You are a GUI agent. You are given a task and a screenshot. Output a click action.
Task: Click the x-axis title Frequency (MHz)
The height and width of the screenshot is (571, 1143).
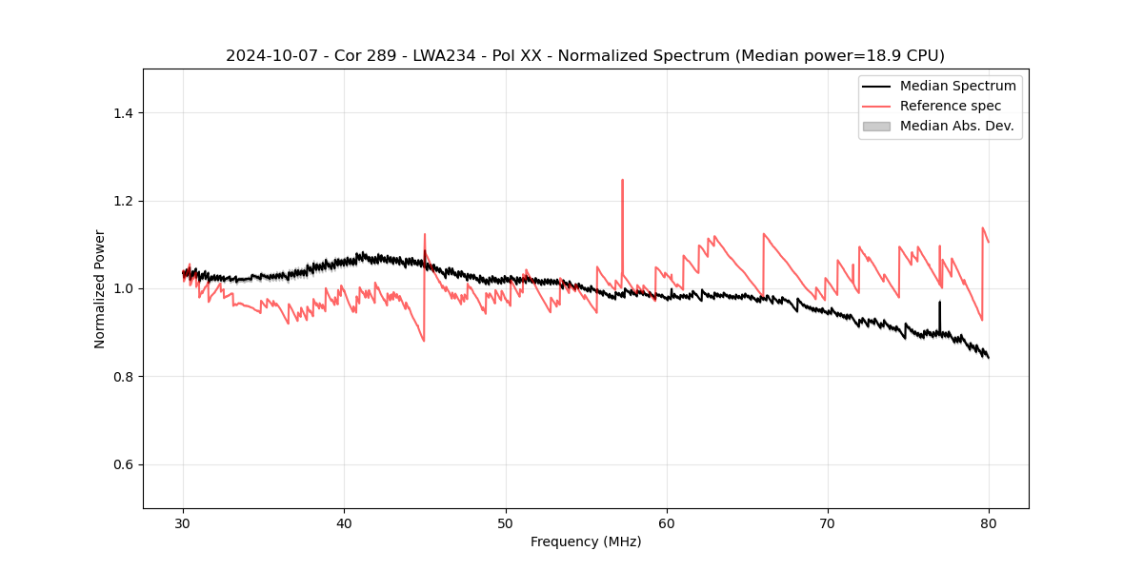coord(586,541)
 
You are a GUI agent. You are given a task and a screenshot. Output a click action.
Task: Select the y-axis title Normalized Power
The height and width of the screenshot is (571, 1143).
coord(100,288)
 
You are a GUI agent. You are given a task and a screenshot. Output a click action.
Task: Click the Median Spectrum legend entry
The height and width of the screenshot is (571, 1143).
coord(957,86)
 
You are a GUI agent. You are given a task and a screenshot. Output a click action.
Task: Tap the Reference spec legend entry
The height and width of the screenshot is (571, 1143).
coord(951,106)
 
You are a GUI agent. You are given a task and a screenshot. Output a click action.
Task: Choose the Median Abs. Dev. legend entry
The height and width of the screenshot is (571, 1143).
coord(956,126)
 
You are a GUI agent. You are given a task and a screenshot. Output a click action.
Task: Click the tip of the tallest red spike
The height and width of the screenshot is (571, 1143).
coord(622,180)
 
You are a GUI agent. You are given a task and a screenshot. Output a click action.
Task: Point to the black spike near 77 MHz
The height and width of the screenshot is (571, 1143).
coord(939,303)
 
